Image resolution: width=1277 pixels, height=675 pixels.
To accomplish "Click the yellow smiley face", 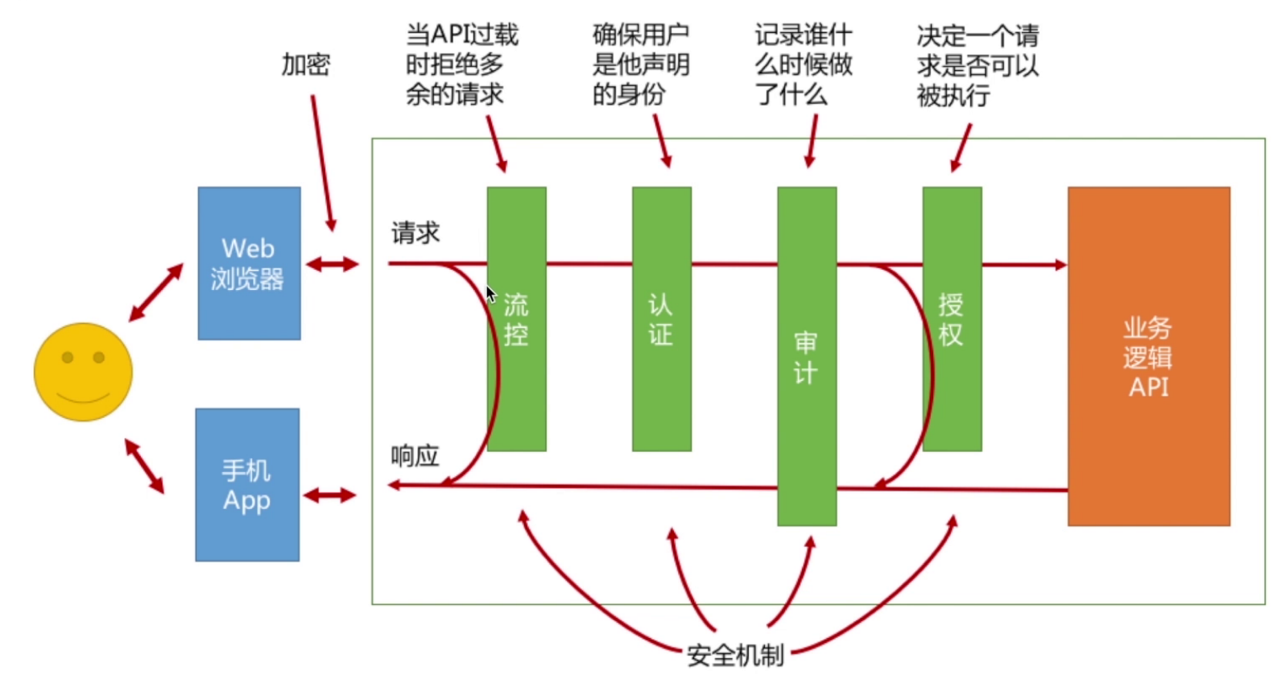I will (x=83, y=372).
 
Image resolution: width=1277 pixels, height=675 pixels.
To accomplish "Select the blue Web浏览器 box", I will (x=249, y=263).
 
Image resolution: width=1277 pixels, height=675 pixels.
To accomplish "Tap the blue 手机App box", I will (x=247, y=484).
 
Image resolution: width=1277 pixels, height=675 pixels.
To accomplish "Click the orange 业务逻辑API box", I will (x=1148, y=356).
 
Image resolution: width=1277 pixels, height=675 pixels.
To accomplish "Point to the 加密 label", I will (x=306, y=64).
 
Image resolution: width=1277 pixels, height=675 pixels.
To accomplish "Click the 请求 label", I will (x=415, y=233).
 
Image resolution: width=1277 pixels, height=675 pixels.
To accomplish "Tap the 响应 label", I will (x=415, y=456).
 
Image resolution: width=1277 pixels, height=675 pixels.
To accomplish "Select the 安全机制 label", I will (x=735, y=655).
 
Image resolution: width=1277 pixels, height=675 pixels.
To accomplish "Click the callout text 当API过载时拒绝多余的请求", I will (x=461, y=64).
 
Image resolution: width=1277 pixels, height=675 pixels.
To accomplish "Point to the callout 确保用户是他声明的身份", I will (x=640, y=64).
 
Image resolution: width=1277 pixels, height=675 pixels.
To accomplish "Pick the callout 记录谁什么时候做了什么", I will (x=803, y=64).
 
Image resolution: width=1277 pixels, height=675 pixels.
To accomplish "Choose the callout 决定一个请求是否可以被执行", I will (x=977, y=65).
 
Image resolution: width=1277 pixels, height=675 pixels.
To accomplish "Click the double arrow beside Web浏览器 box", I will (x=332, y=264).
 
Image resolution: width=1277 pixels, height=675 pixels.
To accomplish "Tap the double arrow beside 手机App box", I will (x=329, y=495).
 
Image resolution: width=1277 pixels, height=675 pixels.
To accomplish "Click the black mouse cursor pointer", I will (x=490, y=294).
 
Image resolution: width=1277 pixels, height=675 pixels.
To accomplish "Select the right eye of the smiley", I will (x=99, y=357).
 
